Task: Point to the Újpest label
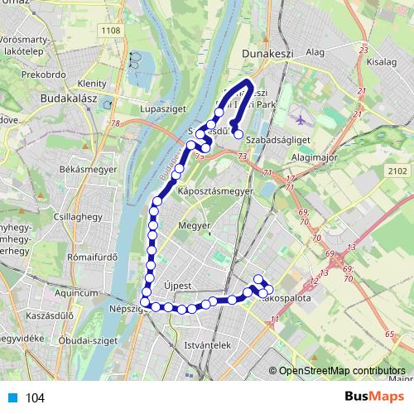coord(179,286)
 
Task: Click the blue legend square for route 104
coord(13,398)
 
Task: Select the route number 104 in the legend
coord(36,398)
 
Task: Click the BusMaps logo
coord(370,397)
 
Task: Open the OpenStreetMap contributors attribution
coord(342,372)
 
